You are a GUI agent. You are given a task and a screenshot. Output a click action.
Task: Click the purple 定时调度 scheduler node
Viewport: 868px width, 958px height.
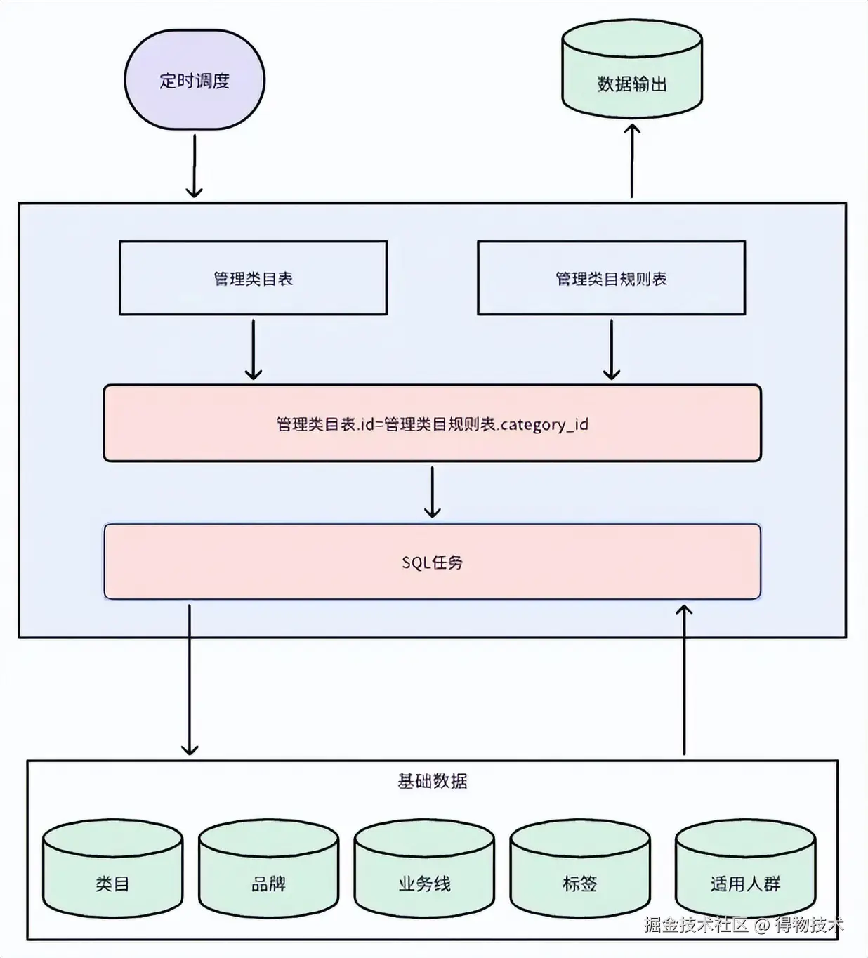click(195, 80)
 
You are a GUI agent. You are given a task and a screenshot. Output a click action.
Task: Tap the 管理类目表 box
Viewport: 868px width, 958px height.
click(253, 278)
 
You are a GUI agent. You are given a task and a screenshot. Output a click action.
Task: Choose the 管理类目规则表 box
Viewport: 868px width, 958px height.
click(611, 278)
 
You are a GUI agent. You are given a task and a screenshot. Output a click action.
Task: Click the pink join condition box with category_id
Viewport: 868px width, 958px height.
click(432, 424)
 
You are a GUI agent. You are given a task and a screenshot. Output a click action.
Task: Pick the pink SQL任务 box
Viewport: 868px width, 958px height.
click(432, 562)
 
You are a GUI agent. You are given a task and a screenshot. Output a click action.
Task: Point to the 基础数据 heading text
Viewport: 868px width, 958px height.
click(432, 781)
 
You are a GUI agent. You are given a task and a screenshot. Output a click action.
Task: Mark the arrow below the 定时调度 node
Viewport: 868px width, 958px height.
click(194, 166)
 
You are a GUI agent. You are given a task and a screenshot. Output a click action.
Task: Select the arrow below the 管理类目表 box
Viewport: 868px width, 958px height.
click(253, 350)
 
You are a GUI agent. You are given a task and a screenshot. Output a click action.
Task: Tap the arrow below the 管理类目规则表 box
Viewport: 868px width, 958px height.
click(612, 350)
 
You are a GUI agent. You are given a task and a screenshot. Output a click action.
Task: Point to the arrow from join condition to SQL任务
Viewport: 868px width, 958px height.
click(433, 492)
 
